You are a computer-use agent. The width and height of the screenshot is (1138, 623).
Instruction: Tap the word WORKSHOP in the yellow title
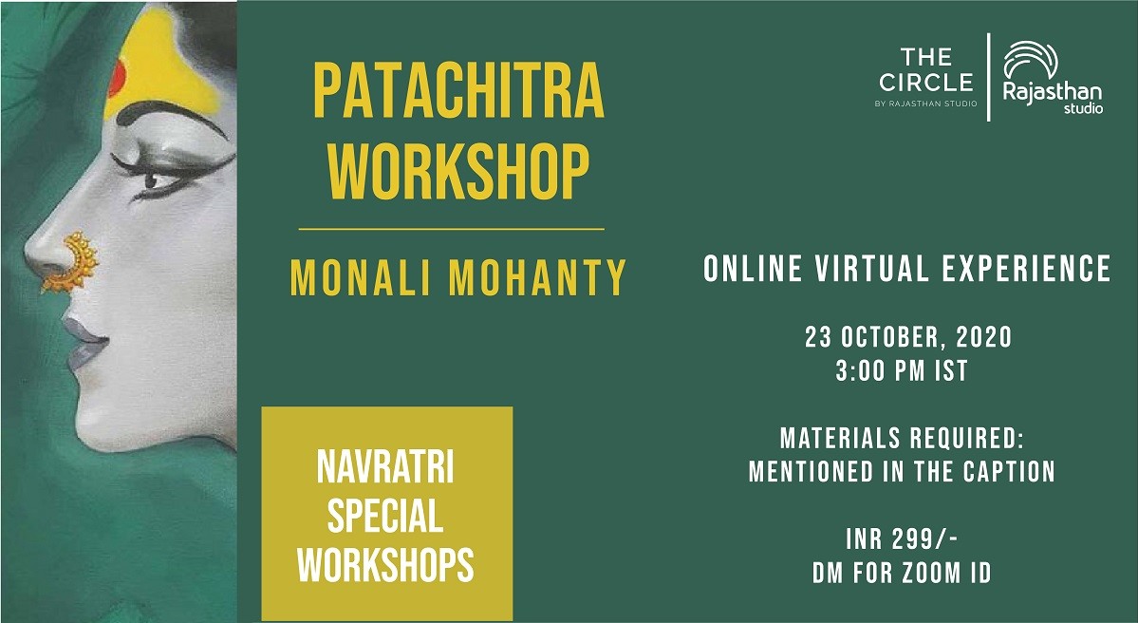(458, 171)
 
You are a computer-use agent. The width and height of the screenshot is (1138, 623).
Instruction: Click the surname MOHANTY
(538, 277)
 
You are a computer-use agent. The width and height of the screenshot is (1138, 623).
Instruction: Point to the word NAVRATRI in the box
(385, 467)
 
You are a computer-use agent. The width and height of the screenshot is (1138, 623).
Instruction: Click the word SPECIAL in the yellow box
(385, 517)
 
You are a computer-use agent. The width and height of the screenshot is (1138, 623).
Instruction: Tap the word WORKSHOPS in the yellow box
(385, 566)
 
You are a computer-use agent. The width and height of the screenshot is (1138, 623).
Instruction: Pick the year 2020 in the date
(984, 337)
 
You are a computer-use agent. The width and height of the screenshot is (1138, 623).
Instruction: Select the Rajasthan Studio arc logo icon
(1031, 60)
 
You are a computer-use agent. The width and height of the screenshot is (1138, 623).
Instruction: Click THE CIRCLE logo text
(926, 69)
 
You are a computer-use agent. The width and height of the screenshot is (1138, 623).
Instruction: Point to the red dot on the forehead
(117, 78)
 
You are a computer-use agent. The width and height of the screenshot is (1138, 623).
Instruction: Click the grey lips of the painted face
(84, 341)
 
